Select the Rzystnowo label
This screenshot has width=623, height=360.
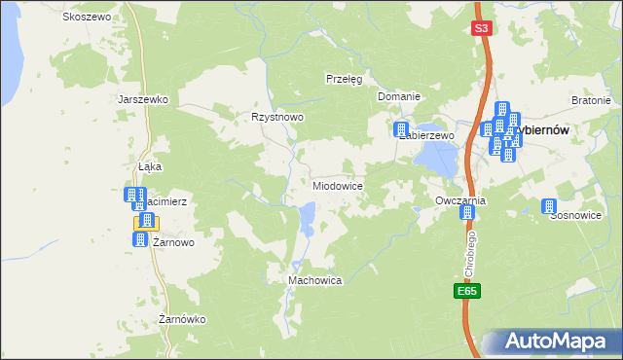(x=278, y=116)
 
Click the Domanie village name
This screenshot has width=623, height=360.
(x=399, y=96)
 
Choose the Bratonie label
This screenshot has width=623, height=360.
(x=591, y=100)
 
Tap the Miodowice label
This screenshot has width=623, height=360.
(x=338, y=185)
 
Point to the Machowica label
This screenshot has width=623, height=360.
(x=314, y=280)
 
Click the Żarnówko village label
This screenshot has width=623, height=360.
(x=183, y=319)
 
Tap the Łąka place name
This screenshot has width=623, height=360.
(x=149, y=166)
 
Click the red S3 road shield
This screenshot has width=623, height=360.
(x=481, y=28)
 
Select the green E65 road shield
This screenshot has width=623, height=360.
(x=466, y=291)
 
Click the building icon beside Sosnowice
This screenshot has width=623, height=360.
(x=547, y=206)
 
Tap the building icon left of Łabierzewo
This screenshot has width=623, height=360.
(x=400, y=129)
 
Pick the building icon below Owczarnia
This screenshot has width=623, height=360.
(x=465, y=212)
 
